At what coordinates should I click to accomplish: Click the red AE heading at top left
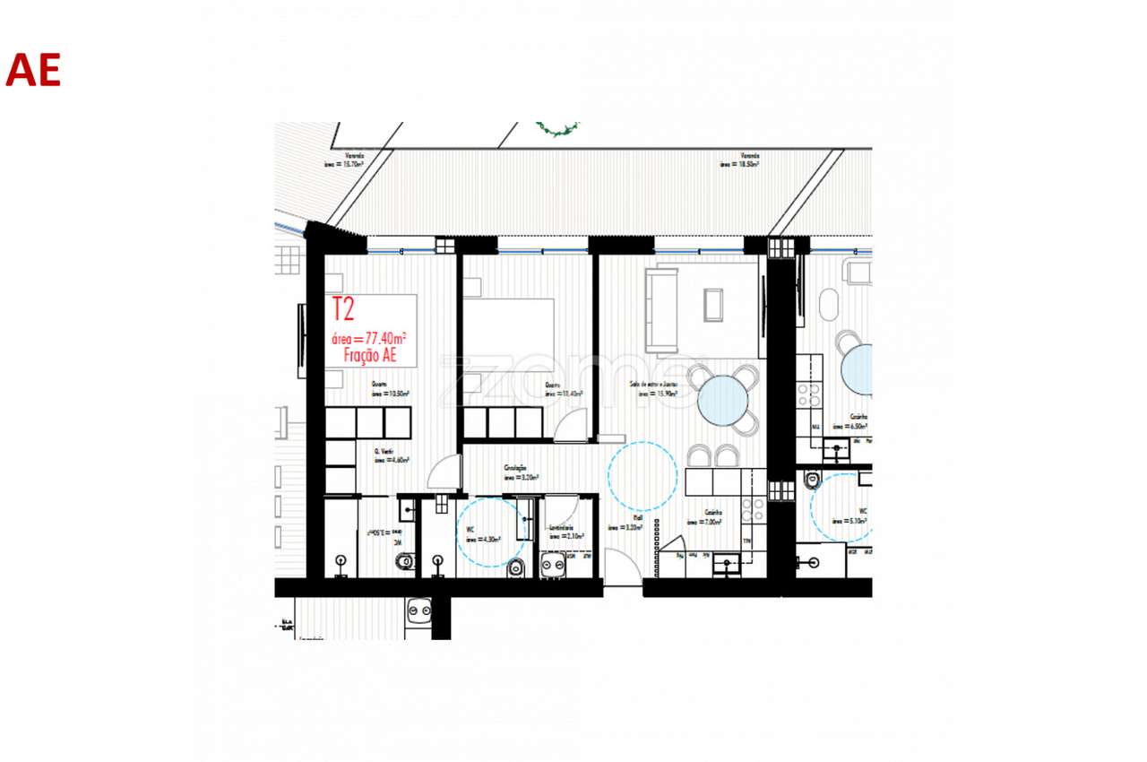pos(33,70)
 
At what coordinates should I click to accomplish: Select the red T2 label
pos(343,310)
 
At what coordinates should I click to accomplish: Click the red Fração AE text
pos(369,354)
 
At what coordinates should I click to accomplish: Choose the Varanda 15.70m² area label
pos(344,160)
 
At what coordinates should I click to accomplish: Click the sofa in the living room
pos(662,310)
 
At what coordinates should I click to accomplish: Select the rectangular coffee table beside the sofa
pos(713,304)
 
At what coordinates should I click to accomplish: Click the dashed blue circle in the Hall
pos(642,477)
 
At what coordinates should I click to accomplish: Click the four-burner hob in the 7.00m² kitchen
pos(754,510)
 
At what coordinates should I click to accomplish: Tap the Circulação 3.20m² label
pos(520,473)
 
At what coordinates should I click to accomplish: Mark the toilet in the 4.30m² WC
pos(515,568)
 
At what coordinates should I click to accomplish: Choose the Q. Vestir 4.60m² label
pos(391,455)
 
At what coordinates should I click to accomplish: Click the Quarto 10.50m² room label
pos(391,389)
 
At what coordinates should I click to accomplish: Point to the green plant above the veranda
pos(557,130)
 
